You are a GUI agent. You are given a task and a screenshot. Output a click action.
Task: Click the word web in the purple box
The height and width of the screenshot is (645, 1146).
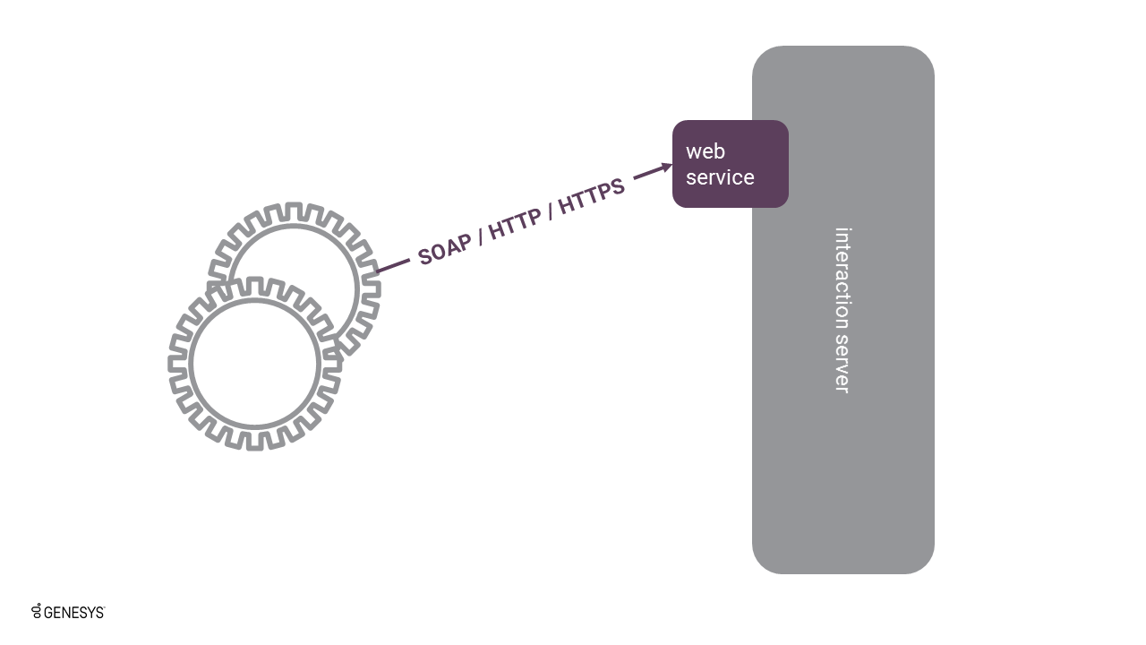pyautogui.click(x=706, y=151)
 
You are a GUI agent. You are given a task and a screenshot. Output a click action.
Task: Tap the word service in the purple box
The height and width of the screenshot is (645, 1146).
pyautogui.click(x=720, y=177)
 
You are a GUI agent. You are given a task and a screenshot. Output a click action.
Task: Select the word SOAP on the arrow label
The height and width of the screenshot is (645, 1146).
pyautogui.click(x=445, y=247)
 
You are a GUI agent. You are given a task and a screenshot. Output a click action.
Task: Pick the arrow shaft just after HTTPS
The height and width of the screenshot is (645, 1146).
pyautogui.click(x=646, y=174)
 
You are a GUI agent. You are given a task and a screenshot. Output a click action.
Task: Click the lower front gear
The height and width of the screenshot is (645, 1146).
pyautogui.click(x=255, y=363)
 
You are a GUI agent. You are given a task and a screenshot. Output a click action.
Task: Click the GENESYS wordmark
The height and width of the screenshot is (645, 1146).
pyautogui.click(x=73, y=613)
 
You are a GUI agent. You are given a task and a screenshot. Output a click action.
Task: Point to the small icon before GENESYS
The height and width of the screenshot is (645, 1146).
pyautogui.click(x=37, y=612)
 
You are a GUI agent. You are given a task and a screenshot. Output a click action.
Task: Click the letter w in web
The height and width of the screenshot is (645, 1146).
pyautogui.click(x=693, y=151)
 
